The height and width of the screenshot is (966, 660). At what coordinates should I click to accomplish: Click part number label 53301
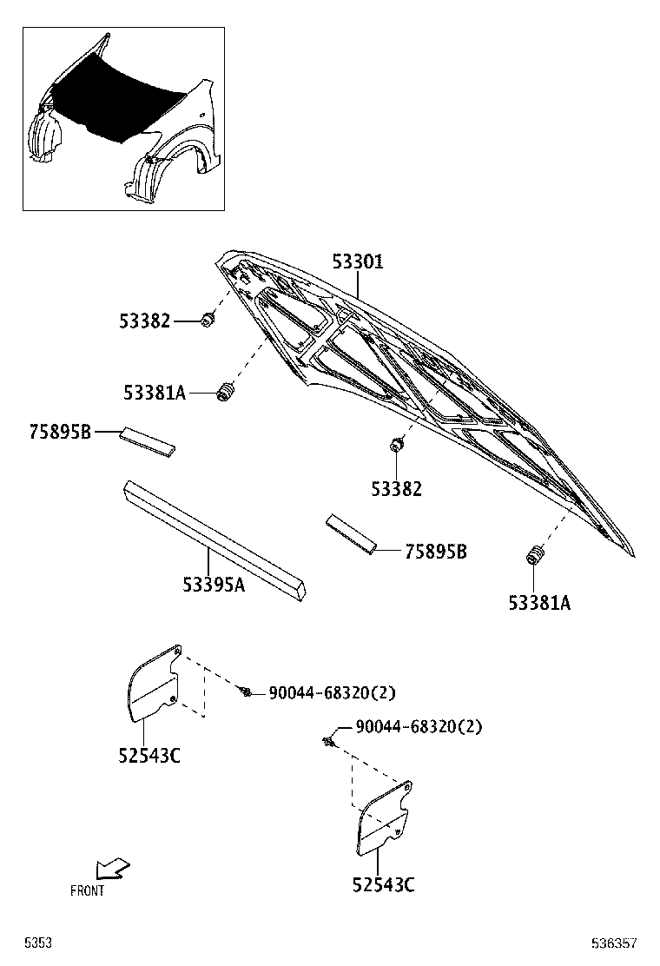click(x=357, y=261)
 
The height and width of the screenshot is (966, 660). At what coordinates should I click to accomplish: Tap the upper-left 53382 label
click(x=144, y=321)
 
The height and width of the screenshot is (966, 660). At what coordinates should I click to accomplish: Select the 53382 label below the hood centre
click(x=396, y=489)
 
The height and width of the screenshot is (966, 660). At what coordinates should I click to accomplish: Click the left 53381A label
click(x=155, y=394)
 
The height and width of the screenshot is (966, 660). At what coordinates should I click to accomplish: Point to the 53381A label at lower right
click(x=539, y=602)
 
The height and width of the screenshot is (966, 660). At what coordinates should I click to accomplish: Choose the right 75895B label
click(x=435, y=552)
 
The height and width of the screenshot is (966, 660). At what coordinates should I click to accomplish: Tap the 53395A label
click(x=214, y=586)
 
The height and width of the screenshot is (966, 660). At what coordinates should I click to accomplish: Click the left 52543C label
click(x=149, y=755)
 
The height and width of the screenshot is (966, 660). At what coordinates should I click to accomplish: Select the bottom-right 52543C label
click(x=383, y=885)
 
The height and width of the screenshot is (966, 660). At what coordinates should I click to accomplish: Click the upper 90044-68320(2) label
click(x=332, y=692)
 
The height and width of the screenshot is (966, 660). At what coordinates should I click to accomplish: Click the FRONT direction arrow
click(x=113, y=868)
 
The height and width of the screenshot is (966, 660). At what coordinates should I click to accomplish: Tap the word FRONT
click(x=87, y=890)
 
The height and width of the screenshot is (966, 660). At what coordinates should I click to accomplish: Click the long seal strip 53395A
click(x=213, y=539)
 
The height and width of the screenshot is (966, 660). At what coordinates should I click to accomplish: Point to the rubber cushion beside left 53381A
click(x=227, y=393)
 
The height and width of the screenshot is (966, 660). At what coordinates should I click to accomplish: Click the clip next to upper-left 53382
click(x=208, y=321)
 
